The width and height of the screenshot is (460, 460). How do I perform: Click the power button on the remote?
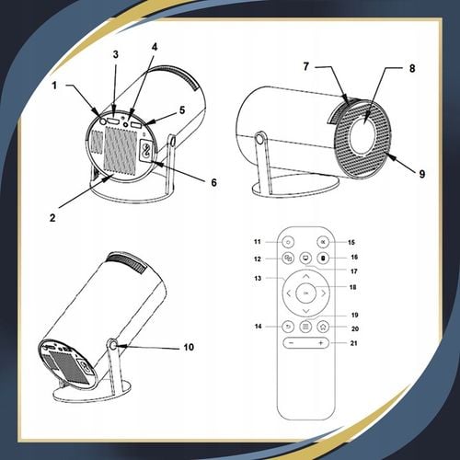pyautogui.click(x=288, y=241)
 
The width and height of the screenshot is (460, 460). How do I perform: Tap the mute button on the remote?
pyautogui.click(x=321, y=241)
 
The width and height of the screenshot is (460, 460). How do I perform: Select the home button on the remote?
pyautogui.click(x=322, y=326)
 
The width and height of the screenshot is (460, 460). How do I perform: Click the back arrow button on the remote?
pyautogui.click(x=288, y=326)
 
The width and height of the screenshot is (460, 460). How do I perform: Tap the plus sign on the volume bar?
pyautogui.click(x=321, y=343)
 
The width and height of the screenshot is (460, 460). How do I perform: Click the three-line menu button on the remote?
pyautogui.click(x=305, y=326)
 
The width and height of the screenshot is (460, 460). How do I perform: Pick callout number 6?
pyautogui.click(x=214, y=182)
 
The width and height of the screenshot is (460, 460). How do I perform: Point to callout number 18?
pyautogui.click(x=353, y=287)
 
